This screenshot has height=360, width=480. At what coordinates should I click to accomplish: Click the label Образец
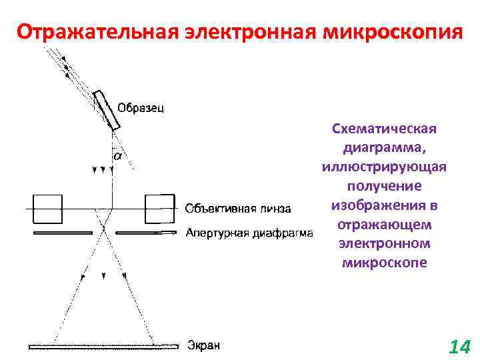click(141, 107)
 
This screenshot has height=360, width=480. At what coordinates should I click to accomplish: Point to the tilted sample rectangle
click(107, 110)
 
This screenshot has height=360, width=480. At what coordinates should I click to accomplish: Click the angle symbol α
click(117, 156)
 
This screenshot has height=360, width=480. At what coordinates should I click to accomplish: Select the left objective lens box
click(47, 209)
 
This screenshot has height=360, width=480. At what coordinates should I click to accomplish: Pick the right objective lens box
click(159, 209)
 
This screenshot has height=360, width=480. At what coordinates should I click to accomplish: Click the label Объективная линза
click(237, 209)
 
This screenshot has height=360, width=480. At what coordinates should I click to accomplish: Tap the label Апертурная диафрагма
click(249, 233)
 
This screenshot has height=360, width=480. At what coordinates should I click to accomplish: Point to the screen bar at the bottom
click(104, 346)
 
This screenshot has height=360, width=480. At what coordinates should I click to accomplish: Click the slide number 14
click(460, 347)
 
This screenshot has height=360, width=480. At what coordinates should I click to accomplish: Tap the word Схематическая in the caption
click(383, 128)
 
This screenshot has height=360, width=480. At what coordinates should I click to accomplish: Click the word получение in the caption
click(383, 185)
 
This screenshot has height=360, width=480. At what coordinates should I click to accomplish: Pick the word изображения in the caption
click(377, 204)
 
